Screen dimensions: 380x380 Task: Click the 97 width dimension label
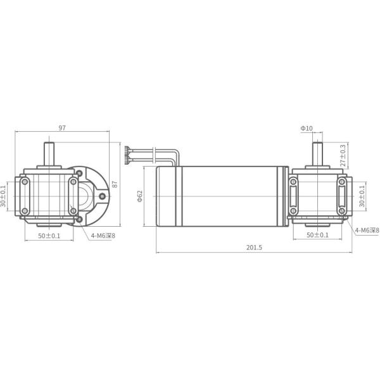[x=62, y=128]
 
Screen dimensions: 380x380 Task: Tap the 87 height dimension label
[x=115, y=184]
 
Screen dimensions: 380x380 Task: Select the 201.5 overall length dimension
[x=254, y=248]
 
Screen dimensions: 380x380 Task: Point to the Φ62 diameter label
[x=140, y=196]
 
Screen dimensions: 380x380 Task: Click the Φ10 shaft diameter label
[x=307, y=128]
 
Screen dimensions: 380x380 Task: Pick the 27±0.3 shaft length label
[x=343, y=155]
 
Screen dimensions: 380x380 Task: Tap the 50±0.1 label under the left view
[x=49, y=236]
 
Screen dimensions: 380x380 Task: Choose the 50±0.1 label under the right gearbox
[x=317, y=235]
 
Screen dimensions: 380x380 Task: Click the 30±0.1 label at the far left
[x=3, y=196]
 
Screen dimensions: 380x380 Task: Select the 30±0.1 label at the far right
[x=362, y=196]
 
